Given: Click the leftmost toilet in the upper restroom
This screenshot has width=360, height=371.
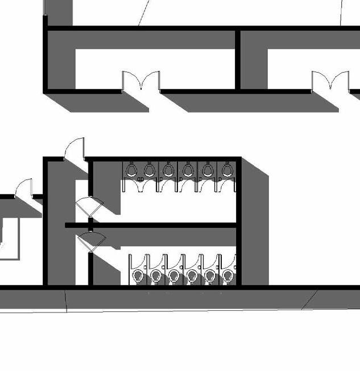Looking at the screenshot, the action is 131,169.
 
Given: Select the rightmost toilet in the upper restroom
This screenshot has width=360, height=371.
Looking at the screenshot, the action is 227,169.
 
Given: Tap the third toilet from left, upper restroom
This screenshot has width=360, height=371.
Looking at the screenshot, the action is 168,169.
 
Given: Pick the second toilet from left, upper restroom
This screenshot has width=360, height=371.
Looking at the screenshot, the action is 150,169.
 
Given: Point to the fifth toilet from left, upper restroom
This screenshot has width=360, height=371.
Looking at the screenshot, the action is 208,169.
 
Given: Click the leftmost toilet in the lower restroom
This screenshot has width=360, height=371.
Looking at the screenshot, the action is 138,276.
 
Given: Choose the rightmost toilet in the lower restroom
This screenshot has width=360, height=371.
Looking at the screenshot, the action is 228,276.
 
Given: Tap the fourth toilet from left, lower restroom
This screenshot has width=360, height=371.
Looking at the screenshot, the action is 192,276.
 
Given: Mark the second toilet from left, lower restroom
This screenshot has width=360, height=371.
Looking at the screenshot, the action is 156,276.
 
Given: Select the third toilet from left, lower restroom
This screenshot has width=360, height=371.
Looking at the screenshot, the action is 174,276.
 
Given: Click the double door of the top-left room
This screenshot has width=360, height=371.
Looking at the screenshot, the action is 141,81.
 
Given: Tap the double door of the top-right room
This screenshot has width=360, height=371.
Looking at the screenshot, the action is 330,81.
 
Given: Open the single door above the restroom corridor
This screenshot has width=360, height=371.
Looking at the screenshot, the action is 76,150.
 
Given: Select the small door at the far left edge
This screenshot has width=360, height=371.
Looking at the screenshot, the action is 24,188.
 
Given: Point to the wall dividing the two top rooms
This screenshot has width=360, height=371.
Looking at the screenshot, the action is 238,59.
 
